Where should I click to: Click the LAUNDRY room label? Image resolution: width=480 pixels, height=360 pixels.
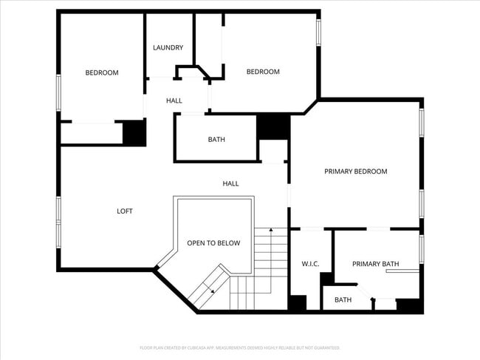point(168,48)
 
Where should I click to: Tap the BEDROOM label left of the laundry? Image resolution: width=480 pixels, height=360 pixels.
point(102,72)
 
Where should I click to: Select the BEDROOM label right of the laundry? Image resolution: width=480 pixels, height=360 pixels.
point(263,72)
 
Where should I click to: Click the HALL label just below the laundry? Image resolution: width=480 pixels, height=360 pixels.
point(174,101)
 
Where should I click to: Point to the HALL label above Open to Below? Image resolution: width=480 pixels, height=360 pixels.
point(231,183)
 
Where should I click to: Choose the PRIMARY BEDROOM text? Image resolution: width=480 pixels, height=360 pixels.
point(356,171)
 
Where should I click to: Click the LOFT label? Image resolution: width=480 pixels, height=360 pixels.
point(125,211)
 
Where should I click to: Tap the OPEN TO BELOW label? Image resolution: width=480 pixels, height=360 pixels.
point(213,242)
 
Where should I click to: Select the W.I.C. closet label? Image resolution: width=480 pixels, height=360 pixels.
point(310,264)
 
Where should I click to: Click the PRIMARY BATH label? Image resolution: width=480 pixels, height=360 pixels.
point(377,264)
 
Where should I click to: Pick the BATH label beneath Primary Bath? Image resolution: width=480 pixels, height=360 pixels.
point(343,300)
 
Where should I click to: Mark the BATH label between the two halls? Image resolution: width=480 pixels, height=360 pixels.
point(216,139)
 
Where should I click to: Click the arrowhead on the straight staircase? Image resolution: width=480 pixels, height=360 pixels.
point(271,231)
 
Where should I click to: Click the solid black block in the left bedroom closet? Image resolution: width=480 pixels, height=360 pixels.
point(134,132)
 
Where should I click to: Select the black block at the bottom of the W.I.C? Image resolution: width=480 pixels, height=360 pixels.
point(297,303)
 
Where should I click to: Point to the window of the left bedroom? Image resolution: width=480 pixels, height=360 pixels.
point(58,92)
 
